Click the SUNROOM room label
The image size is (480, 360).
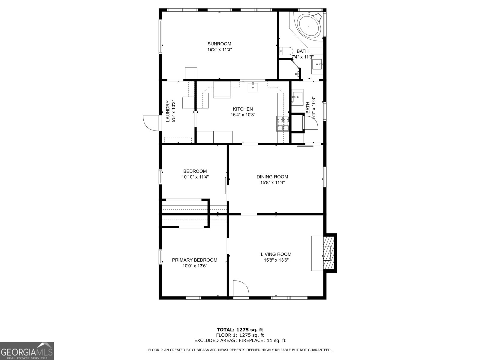pyautogui.click(x=219, y=44)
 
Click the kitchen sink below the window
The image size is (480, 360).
pyautogui.click(x=253, y=87)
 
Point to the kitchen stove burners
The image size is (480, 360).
pyautogui.click(x=283, y=124)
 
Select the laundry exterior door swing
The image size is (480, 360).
pyautogui.click(x=151, y=123)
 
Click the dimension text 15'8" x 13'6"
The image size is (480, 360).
pyautogui.click(x=276, y=260)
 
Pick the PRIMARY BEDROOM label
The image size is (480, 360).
pyautogui.click(x=195, y=260)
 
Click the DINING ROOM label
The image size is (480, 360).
pyautogui.click(x=272, y=177)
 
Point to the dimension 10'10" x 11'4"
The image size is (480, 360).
pyautogui.click(x=195, y=177)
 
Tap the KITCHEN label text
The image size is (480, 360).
pyautogui.click(x=243, y=109)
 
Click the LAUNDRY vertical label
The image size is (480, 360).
pyautogui.click(x=168, y=111)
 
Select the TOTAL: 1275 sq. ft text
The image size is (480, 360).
pyautogui.click(x=240, y=330)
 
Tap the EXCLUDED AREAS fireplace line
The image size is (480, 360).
pyautogui.click(x=240, y=340)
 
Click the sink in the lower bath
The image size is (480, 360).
pyautogui.click(x=297, y=97)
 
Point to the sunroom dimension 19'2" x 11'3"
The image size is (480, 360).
pyautogui.click(x=219, y=49)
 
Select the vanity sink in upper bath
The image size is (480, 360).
pyautogui.click(x=317, y=64)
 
